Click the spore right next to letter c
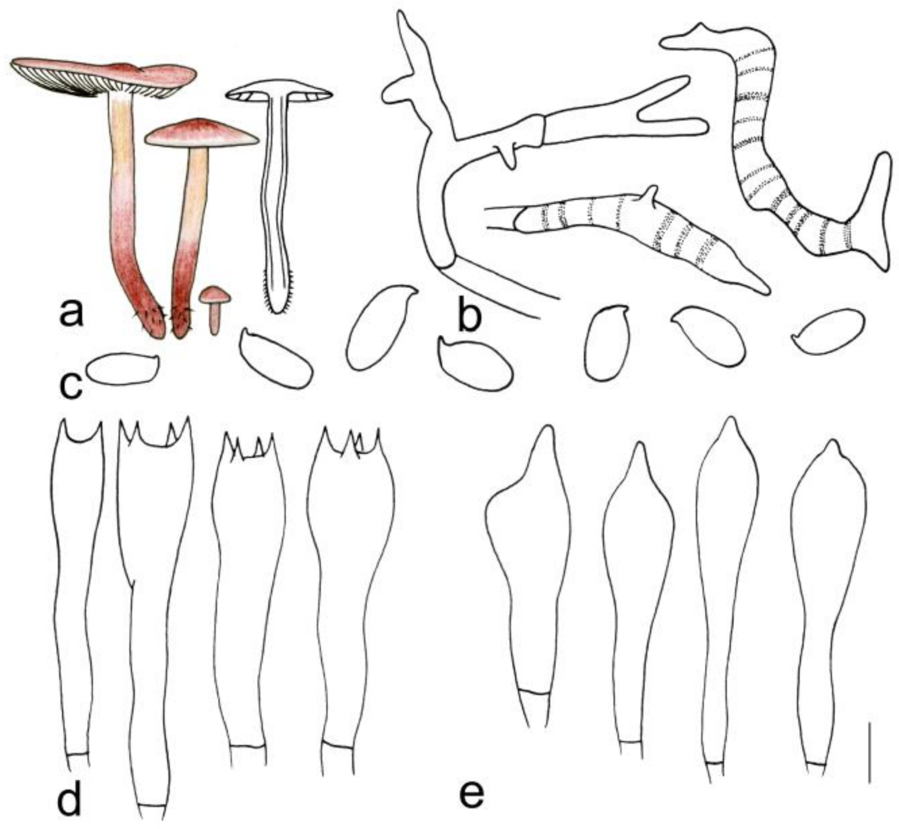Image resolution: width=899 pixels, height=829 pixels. click(x=122, y=369)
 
